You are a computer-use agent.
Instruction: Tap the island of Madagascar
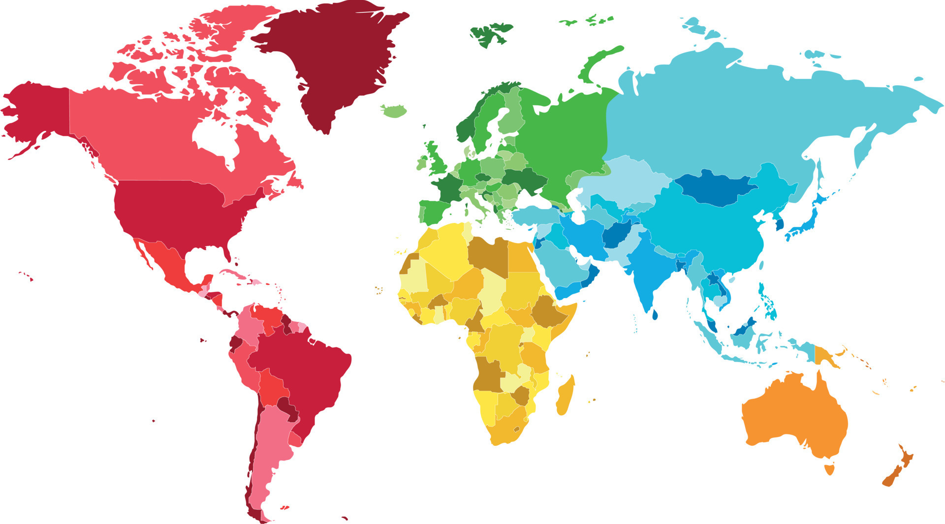[565, 396]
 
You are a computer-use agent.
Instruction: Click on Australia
[792, 413]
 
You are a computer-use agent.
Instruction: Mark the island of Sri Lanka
[655, 314]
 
